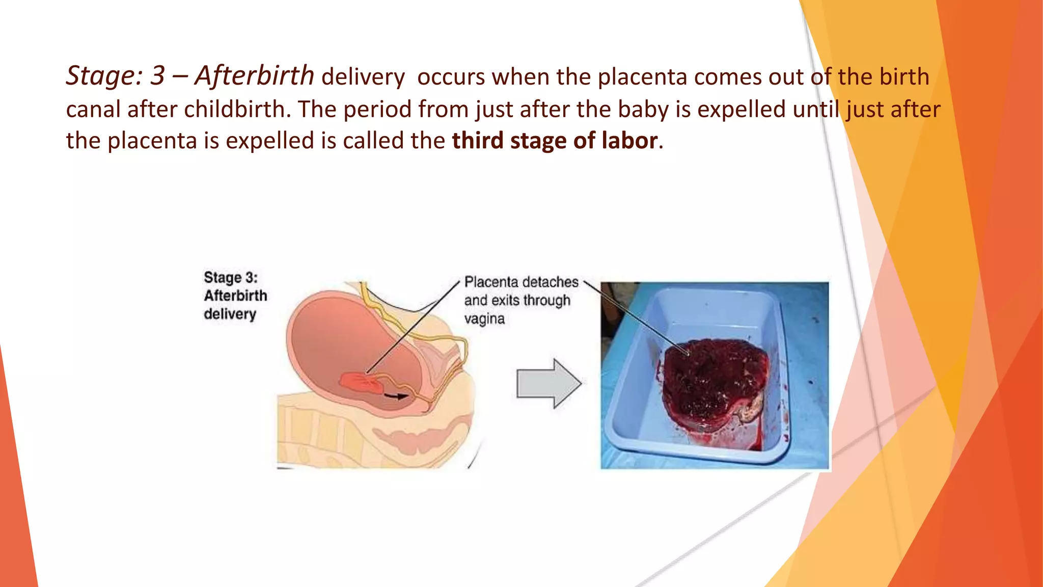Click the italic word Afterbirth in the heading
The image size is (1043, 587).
coord(255,76)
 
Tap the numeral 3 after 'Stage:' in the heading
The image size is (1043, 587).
coord(157,76)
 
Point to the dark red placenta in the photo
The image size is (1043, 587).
coord(713,382)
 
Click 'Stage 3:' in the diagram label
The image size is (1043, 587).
coord(231,278)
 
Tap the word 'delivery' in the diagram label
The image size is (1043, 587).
coord(230,314)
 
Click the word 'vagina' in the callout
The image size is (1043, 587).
coord(484,319)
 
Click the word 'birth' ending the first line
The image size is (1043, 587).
coord(907,77)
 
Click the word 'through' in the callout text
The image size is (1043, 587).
coord(546,301)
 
